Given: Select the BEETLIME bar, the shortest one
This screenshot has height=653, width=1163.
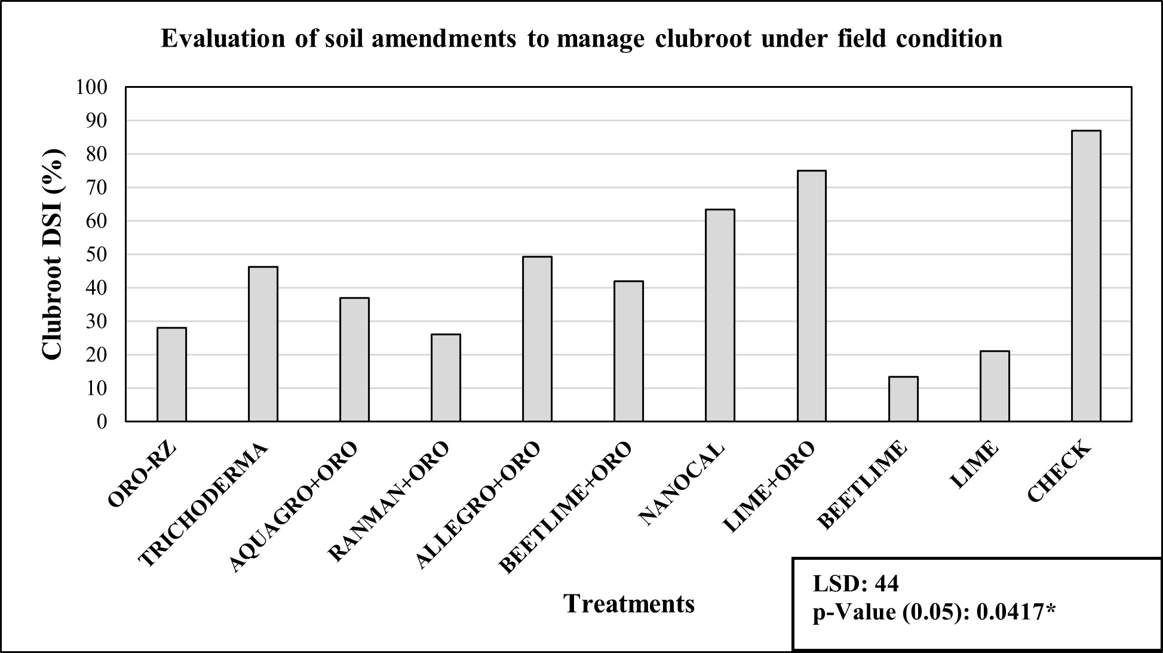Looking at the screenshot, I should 903,399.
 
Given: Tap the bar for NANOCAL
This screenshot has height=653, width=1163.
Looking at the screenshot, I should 720,315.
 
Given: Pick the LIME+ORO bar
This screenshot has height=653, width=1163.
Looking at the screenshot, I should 811,296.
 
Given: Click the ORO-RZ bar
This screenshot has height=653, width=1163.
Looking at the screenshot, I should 171,375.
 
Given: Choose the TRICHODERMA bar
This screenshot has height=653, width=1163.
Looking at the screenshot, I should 263,344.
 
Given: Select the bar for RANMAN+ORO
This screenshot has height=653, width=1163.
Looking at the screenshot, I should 446,378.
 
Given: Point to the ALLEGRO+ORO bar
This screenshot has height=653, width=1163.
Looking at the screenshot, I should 537,339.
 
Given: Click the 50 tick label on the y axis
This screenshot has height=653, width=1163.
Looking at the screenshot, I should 99,255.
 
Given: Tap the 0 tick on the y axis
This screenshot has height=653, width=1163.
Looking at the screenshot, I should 102,422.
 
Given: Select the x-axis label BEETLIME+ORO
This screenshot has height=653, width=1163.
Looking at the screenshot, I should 564,508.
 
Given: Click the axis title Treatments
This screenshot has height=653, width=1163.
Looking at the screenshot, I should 629,603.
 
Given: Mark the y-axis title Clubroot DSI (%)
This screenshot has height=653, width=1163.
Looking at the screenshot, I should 53,254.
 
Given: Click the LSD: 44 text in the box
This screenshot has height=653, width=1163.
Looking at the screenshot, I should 855,584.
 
